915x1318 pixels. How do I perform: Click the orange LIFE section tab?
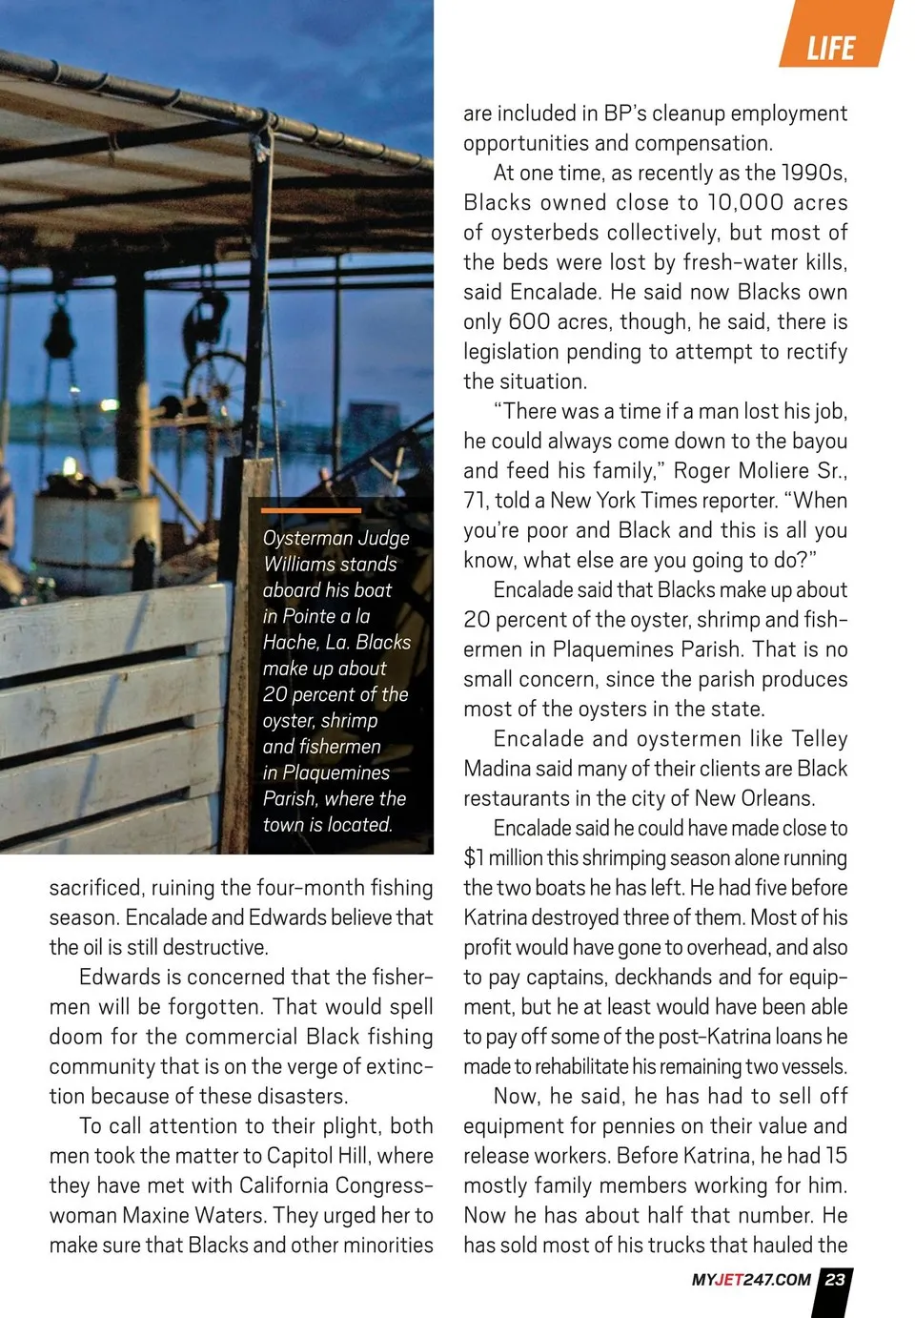pyautogui.click(x=831, y=47)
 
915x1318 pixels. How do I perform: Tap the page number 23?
pyautogui.click(x=835, y=1279)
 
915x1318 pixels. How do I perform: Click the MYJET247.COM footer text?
pyautogui.click(x=751, y=1280)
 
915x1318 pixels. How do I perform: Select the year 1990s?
pyautogui.click(x=814, y=173)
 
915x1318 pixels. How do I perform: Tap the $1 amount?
pyautogui.click(x=475, y=857)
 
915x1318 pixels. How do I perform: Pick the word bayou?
pyautogui.click(x=817, y=441)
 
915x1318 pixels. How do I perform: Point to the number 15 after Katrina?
pyautogui.click(x=836, y=1155)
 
